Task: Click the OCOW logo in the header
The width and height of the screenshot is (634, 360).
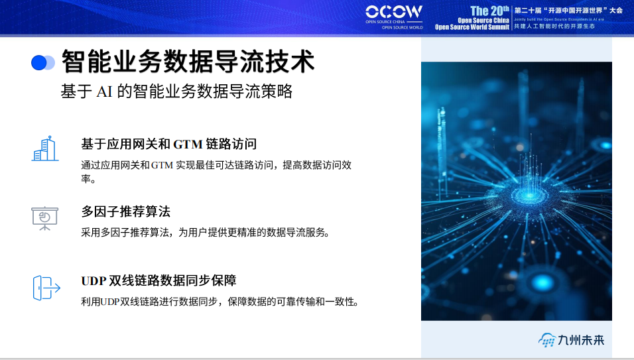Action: [x=393, y=12]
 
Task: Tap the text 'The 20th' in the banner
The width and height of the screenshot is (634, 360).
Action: [x=489, y=11]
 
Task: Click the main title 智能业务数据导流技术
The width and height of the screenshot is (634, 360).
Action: [x=188, y=62]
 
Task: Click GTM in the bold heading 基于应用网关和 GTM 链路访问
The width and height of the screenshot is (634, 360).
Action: [x=188, y=144]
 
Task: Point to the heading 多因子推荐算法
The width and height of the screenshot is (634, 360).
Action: [x=126, y=211]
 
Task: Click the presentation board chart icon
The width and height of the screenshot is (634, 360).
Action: [x=45, y=218]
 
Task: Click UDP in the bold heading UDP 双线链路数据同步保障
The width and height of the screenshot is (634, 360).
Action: [x=94, y=280]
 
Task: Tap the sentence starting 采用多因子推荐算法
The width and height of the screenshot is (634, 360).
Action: [x=206, y=233]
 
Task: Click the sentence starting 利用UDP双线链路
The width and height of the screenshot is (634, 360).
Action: [x=220, y=302]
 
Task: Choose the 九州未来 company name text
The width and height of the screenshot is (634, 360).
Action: [x=581, y=340]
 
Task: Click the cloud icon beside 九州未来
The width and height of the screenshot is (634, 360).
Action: [x=546, y=341]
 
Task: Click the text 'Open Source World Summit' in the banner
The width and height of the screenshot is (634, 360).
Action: [x=472, y=27]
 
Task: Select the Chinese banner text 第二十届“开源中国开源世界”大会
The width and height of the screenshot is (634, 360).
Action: [x=568, y=11]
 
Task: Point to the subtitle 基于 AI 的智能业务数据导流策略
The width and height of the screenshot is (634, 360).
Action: [x=176, y=92]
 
